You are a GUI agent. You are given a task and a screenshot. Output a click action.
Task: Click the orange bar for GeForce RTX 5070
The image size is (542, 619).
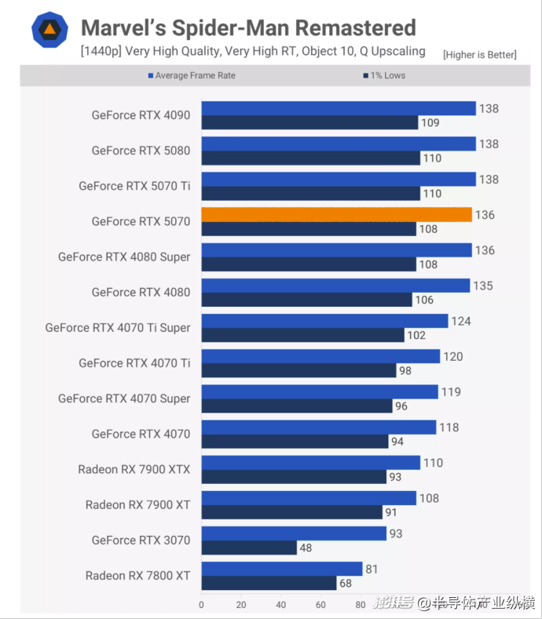point(336,214)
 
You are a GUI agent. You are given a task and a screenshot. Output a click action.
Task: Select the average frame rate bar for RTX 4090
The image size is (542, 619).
point(339,108)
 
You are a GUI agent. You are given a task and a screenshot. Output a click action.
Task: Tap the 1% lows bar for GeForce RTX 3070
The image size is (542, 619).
point(249,548)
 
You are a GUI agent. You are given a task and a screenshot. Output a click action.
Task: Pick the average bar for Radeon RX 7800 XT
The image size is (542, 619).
point(282,569)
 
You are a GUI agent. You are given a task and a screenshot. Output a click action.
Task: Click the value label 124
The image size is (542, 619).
point(462,321)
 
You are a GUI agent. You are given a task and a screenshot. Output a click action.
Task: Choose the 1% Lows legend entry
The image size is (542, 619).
point(385,75)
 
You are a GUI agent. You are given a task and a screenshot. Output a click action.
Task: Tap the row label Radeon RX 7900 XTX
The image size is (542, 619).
point(134,469)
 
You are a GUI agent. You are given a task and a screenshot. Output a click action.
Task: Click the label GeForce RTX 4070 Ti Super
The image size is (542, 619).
point(118,328)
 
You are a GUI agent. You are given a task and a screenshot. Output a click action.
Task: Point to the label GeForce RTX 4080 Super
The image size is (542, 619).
point(124,257)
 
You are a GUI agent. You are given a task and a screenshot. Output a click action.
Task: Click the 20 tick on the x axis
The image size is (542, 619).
point(241,605)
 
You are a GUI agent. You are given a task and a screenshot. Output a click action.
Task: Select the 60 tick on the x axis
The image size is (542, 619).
point(320,605)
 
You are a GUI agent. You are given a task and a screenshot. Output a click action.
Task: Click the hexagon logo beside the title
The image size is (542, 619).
point(49,30)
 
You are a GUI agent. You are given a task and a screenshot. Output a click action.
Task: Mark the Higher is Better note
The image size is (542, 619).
point(479,54)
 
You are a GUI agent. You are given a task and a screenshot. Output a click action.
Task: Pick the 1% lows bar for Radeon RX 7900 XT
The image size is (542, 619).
point(291,512)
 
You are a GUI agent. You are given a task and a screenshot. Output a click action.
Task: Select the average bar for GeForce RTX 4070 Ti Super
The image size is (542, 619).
point(324,321)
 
